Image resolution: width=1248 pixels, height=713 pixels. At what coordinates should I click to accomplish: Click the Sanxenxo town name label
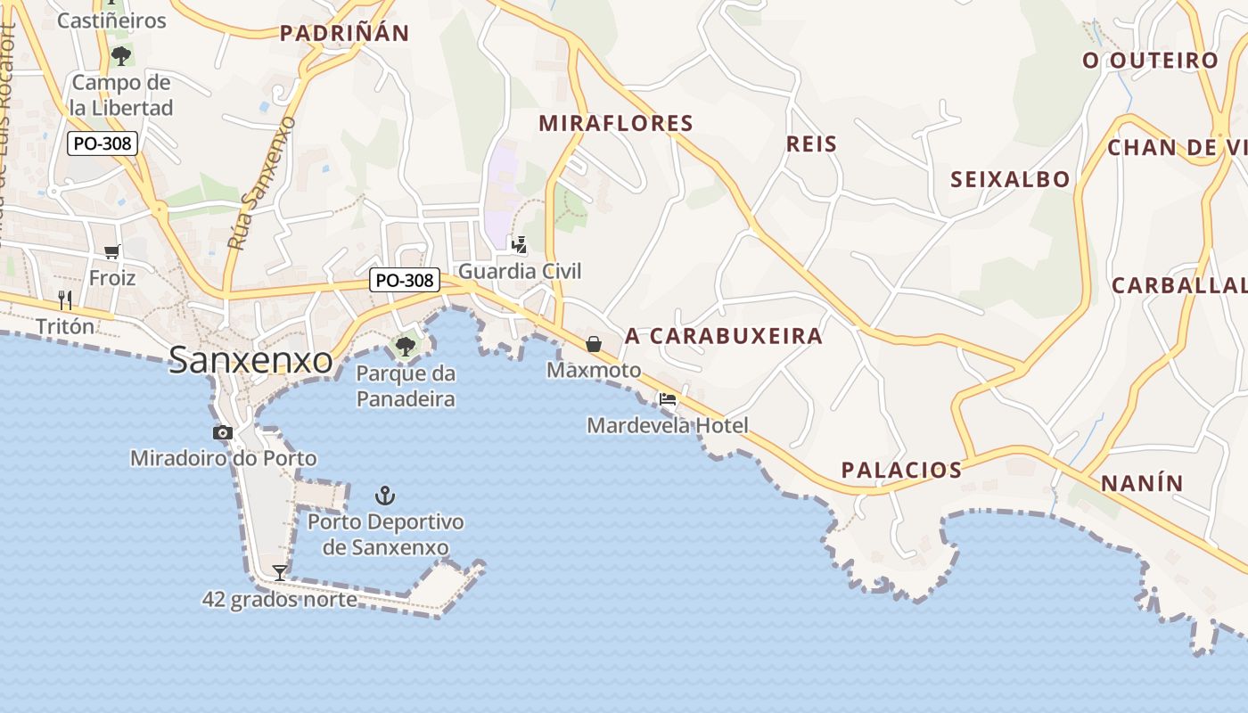(250, 360)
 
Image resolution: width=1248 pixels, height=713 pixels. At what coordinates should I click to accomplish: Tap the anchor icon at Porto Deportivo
(384, 495)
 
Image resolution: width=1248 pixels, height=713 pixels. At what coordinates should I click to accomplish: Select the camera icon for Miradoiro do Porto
(223, 433)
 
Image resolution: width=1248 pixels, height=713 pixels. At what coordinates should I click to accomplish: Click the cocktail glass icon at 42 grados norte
(280, 572)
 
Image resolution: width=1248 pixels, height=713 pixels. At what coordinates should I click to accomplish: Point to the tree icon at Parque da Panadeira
(406, 346)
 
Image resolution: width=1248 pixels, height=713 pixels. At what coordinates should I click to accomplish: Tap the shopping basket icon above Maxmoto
(594, 343)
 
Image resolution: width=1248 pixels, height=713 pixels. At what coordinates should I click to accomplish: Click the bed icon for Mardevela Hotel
(668, 399)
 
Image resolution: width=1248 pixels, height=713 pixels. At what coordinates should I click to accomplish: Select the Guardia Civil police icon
(518, 244)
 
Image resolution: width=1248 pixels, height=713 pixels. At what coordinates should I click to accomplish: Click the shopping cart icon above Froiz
(112, 252)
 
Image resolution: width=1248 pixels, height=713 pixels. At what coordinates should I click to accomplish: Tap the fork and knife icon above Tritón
(64, 299)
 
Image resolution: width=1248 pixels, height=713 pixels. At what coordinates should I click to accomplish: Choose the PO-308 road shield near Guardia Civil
(405, 280)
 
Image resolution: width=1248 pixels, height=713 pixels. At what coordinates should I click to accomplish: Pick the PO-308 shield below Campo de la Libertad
(103, 143)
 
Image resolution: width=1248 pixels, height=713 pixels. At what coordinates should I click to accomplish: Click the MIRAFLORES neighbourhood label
(616, 123)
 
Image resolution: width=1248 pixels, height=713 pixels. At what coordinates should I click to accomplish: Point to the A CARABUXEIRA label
(723, 336)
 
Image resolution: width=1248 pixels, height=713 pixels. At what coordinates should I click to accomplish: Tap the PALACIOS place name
(901, 470)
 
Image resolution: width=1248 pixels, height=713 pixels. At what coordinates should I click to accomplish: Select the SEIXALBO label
(1010, 179)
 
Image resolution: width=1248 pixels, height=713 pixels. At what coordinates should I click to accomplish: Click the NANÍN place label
(1142, 483)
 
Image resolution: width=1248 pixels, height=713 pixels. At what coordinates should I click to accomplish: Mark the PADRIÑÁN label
(344, 34)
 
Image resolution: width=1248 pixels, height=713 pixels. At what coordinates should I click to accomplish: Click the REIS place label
(811, 143)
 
